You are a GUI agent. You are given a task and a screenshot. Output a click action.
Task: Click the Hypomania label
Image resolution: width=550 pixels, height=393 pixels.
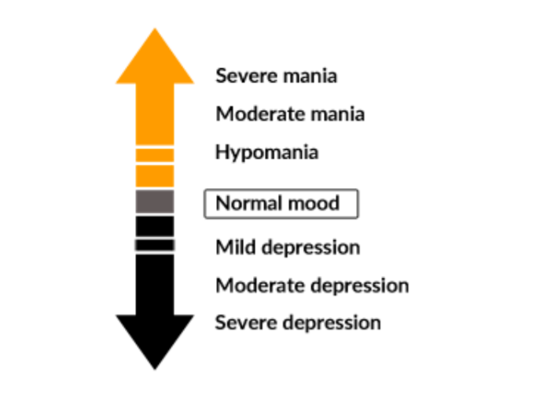(x=267, y=152)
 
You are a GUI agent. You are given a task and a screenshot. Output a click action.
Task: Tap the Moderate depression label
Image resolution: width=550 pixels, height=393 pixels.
(x=312, y=285)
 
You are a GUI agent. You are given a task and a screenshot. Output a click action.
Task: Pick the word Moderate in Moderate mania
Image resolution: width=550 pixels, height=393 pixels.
(x=255, y=114)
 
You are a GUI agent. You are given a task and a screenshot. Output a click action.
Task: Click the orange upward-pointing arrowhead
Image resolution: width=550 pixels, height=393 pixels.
(x=155, y=59)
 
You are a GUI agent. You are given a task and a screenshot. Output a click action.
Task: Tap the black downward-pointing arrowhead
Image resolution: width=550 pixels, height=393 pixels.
(x=155, y=337)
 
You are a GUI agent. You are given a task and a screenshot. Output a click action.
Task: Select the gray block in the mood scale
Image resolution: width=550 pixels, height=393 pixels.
(x=155, y=202)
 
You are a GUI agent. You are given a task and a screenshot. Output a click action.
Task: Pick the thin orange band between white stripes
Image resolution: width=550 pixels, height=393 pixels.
(x=155, y=155)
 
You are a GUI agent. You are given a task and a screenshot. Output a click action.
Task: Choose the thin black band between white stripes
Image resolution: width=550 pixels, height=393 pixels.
(x=155, y=245)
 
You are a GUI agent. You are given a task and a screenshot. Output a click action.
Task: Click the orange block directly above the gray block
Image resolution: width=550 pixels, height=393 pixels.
(x=155, y=176)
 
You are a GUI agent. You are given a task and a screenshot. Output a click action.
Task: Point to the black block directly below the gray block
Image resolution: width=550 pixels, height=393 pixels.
(x=155, y=226)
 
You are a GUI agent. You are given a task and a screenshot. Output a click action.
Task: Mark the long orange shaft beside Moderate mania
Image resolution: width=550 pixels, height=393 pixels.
(x=155, y=114)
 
